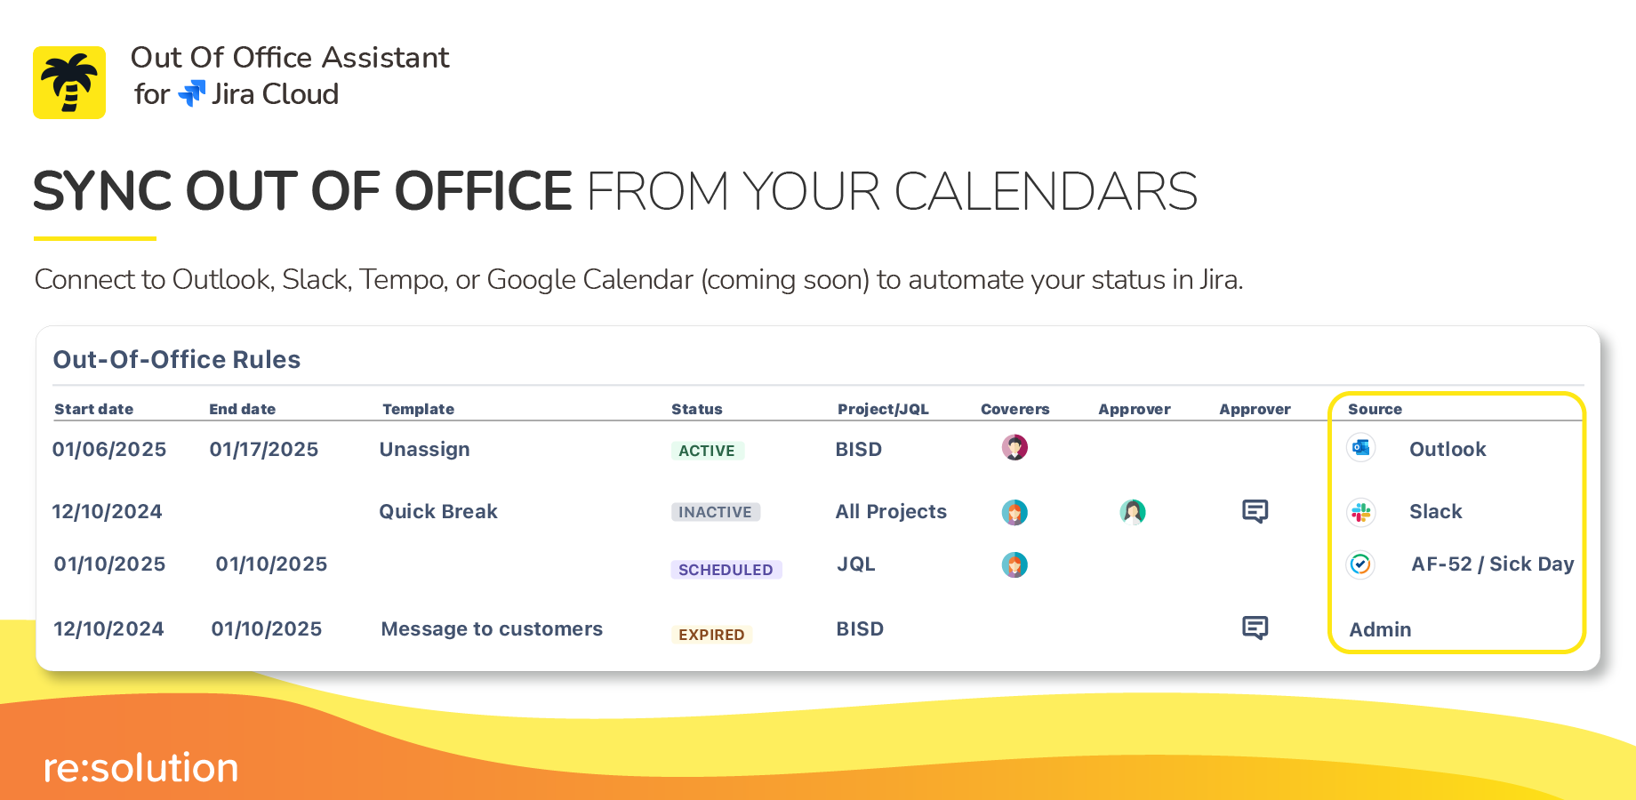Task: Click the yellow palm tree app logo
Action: tap(69, 83)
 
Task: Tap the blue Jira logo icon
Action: tap(192, 93)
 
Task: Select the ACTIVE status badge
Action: tap(707, 451)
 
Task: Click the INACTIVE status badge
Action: tap(715, 512)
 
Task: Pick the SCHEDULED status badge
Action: tap(726, 570)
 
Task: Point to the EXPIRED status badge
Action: tap(711, 635)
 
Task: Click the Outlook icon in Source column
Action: tap(1360, 447)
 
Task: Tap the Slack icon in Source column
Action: tap(1360, 512)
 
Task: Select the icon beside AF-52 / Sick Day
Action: tap(1360, 564)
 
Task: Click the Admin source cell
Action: tap(1380, 629)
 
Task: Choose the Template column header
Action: tap(418, 409)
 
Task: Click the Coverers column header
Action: tap(1014, 409)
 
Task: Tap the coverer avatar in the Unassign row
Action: tap(1014, 447)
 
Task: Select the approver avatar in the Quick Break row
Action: tap(1133, 512)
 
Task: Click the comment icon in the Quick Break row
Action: tap(1255, 511)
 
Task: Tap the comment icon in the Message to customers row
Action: tap(1255, 628)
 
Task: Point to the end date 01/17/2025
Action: tap(264, 450)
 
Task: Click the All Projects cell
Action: tap(891, 512)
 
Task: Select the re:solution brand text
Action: tap(141, 768)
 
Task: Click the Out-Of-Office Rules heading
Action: tap(177, 359)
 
